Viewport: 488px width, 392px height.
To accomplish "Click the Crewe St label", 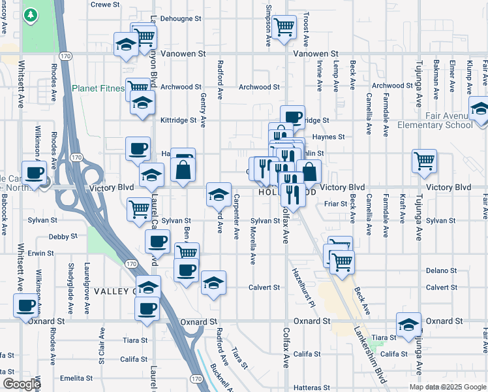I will [x=106, y=5].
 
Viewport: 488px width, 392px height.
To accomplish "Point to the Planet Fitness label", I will [x=98, y=88].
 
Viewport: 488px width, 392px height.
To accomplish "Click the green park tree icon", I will [x=31, y=16].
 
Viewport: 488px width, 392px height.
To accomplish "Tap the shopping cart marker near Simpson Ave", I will [x=284, y=27].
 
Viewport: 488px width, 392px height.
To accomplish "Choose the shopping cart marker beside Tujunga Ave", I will [x=425, y=160].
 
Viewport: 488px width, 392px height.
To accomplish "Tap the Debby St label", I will [x=63, y=237].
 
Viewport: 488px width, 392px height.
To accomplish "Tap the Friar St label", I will [x=335, y=204].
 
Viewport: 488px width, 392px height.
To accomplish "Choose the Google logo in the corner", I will [x=21, y=384].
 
